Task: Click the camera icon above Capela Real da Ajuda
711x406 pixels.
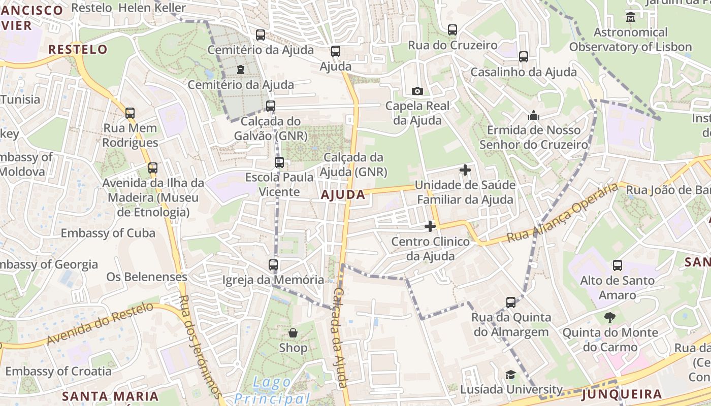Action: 417,91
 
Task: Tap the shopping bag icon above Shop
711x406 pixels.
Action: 293,333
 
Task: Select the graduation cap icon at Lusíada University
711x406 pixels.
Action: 510,375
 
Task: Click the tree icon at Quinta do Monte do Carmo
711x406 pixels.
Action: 609,318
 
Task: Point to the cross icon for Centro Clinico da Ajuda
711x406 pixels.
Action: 430,226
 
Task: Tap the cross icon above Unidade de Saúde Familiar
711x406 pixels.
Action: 465,170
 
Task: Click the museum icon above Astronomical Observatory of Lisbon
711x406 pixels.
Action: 631,17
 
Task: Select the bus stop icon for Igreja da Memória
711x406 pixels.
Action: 273,264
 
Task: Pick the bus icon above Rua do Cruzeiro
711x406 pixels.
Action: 453,30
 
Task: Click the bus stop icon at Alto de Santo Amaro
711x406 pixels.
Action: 618,265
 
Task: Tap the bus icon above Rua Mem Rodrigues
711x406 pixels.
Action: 130,113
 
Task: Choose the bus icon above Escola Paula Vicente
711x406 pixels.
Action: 279,162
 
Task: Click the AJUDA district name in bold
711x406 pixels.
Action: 343,194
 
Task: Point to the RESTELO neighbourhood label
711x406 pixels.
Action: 78,49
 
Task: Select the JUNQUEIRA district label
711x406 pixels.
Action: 622,394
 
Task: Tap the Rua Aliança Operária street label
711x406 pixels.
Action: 563,213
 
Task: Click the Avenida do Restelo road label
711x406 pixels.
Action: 100,323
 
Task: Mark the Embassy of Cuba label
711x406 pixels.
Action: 108,233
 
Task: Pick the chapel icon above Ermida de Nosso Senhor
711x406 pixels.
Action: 533,116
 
